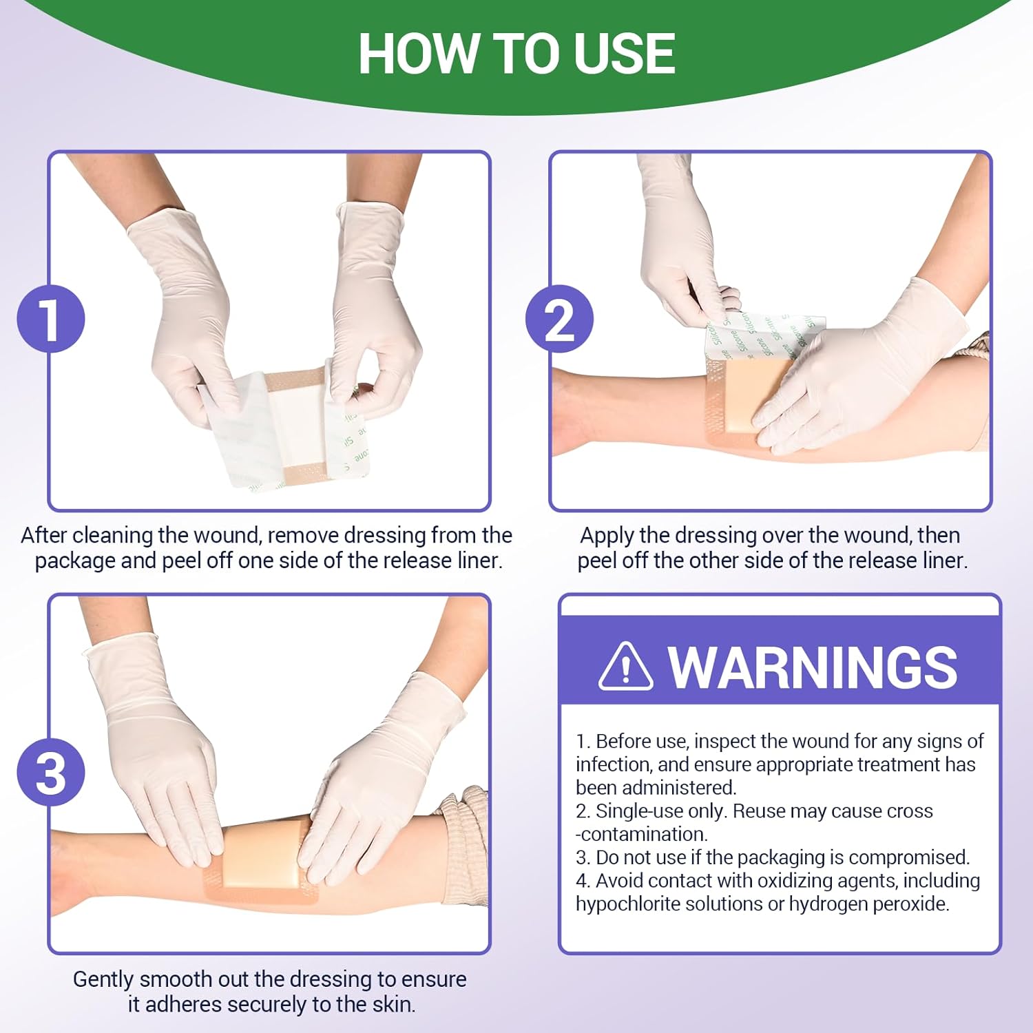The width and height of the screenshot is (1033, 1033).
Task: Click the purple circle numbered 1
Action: pyautogui.click(x=51, y=319)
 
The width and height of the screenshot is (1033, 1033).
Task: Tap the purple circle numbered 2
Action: pyautogui.click(x=559, y=319)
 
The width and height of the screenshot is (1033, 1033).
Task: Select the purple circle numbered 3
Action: pyautogui.click(x=51, y=772)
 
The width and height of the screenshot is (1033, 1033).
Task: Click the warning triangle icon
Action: pyautogui.click(x=625, y=667)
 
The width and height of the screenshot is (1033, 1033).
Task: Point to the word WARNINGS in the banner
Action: pyautogui.click(x=813, y=667)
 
